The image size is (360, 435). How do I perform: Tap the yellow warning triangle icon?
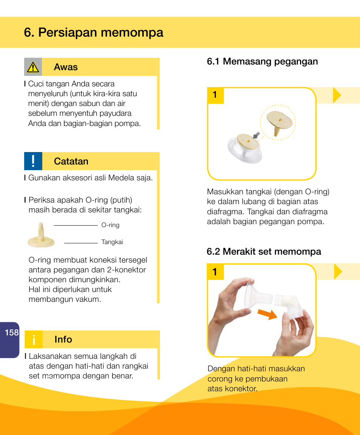[x=33, y=67]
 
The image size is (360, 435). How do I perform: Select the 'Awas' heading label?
[x=66, y=67]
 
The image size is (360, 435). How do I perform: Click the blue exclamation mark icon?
[x=33, y=161]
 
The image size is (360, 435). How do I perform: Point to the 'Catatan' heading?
[x=71, y=161]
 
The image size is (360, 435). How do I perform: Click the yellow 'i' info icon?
[x=34, y=340]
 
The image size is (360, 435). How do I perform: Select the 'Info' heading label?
[x=63, y=340]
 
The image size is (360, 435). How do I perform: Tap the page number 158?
[x=12, y=332]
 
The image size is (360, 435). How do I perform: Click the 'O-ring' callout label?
[x=110, y=225]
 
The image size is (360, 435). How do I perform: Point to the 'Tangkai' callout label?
[x=112, y=242]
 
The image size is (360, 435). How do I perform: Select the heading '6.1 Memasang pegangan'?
[x=262, y=61]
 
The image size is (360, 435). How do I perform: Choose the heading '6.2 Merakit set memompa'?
[x=264, y=252]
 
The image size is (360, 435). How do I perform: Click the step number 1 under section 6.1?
[x=215, y=95]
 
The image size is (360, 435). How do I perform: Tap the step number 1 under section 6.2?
[x=215, y=272]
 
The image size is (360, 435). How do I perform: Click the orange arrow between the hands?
[x=268, y=314]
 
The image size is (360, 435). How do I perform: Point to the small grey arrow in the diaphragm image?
[x=257, y=135]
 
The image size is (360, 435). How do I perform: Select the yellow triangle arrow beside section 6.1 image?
[x=337, y=95]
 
